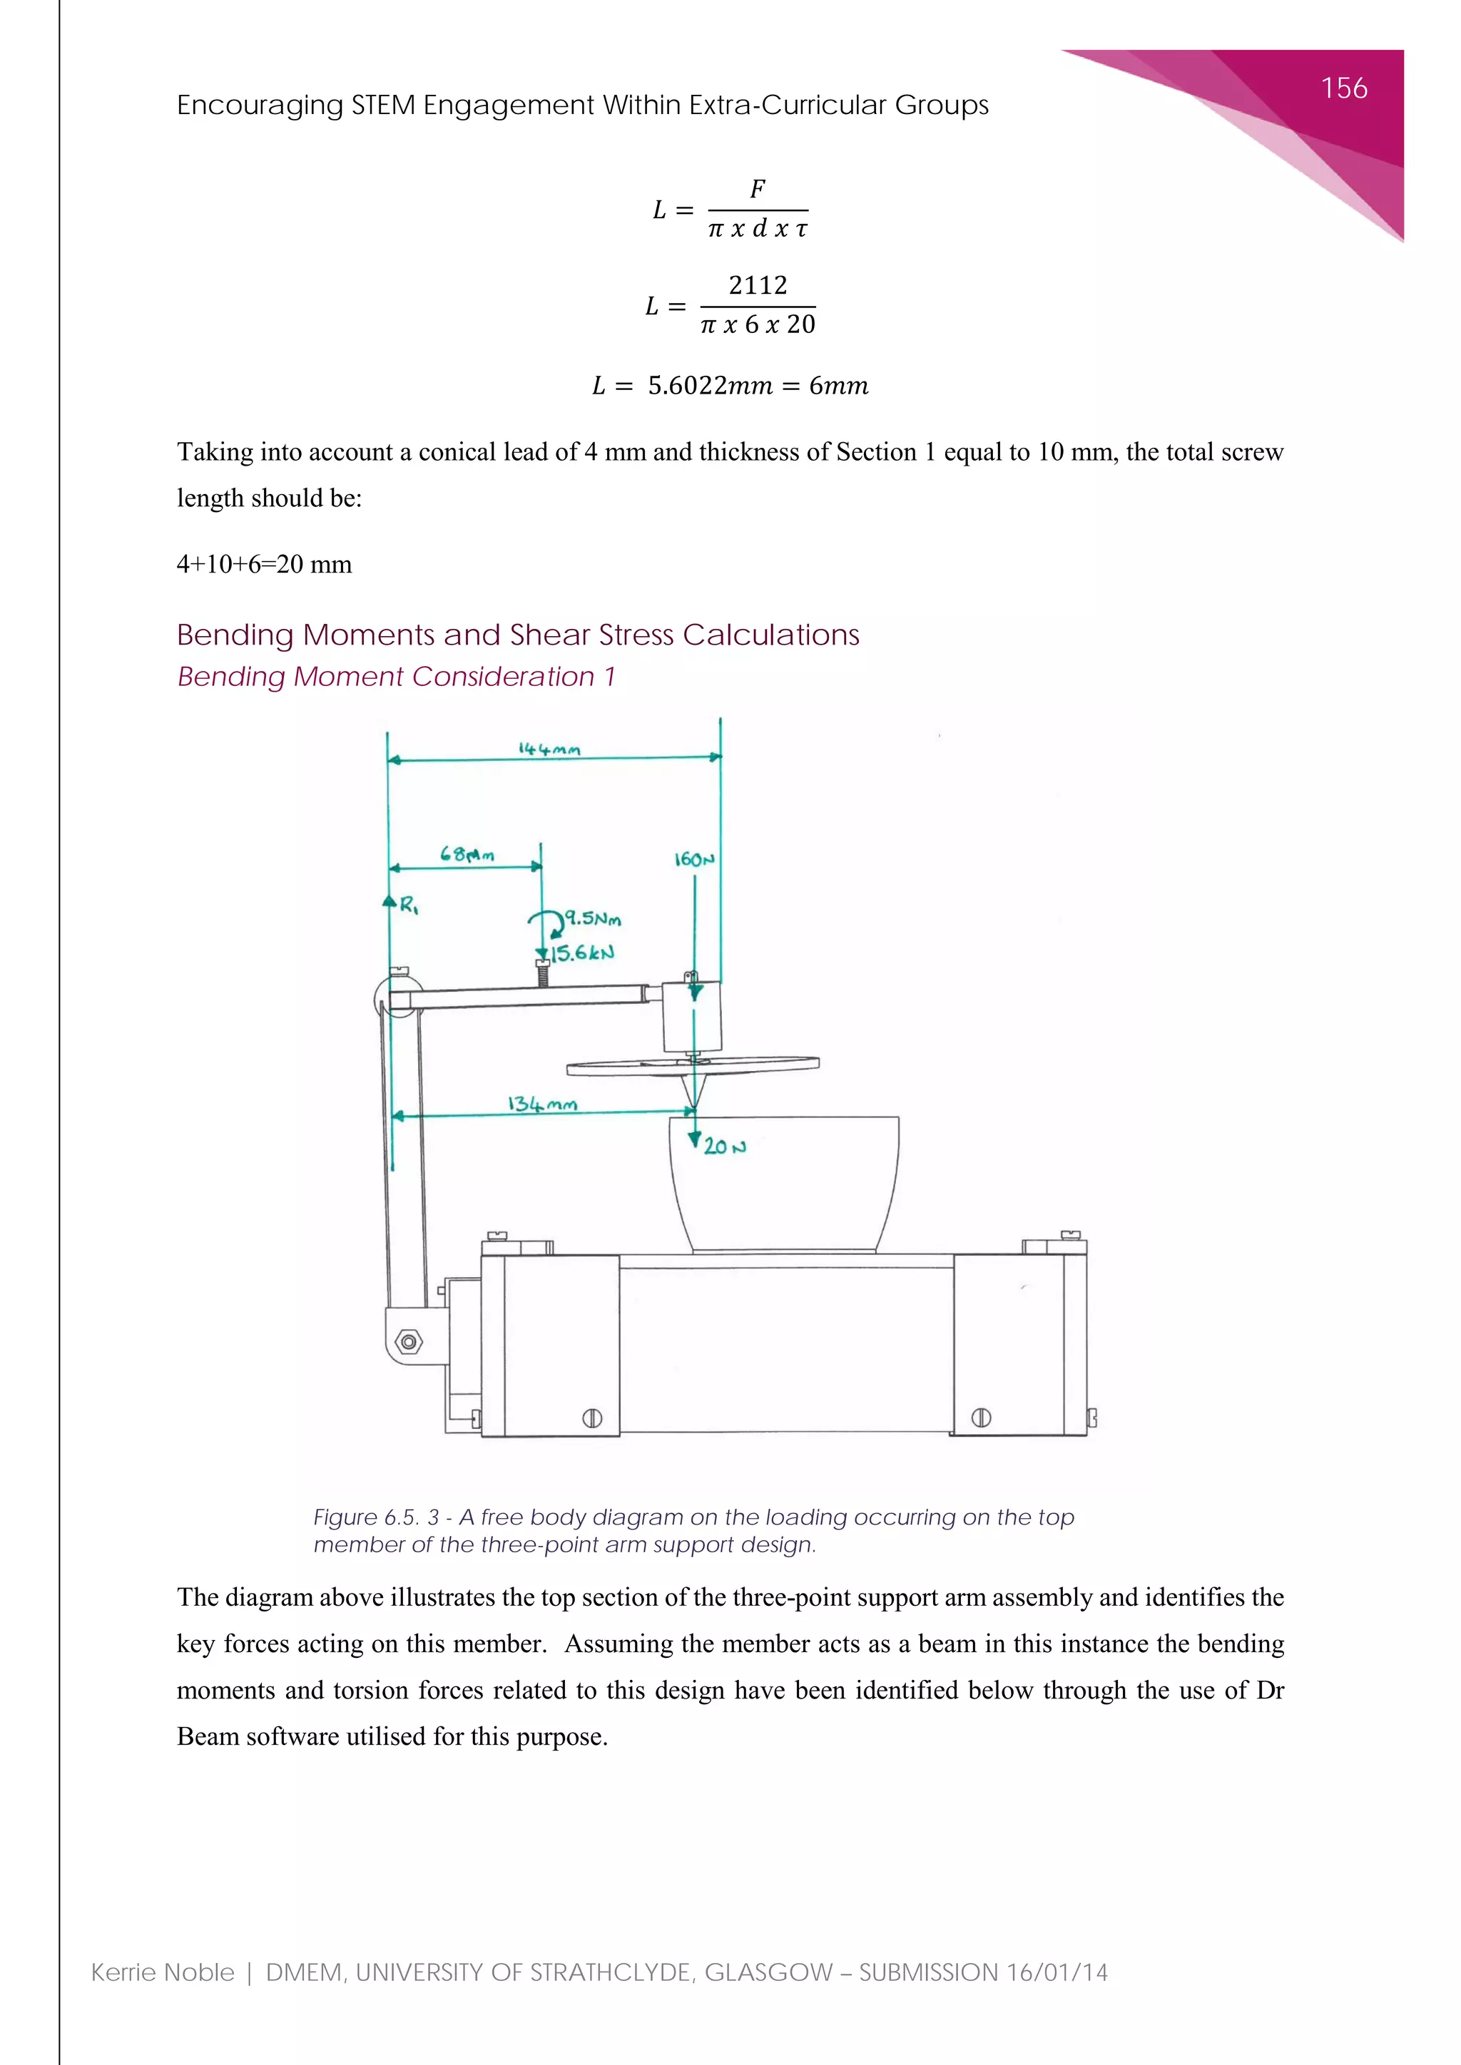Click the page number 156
1343,88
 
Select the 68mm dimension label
467,854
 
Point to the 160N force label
693,859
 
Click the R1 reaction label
409,906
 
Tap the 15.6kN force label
582,953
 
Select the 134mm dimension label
541,1104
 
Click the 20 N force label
724,1147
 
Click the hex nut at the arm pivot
409,1342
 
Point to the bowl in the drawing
783,1183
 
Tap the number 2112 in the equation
758,285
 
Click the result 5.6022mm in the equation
710,386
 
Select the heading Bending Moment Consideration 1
396,677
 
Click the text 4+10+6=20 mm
265,564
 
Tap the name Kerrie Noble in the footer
163,1972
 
